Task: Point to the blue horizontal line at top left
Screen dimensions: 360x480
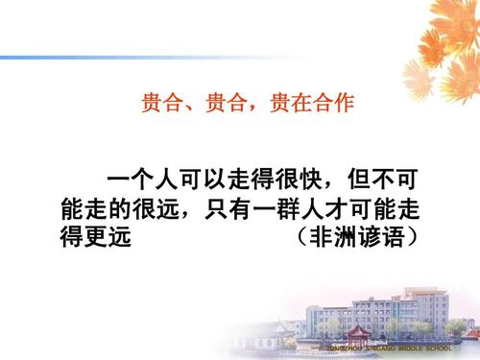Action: (x=144, y=59)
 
